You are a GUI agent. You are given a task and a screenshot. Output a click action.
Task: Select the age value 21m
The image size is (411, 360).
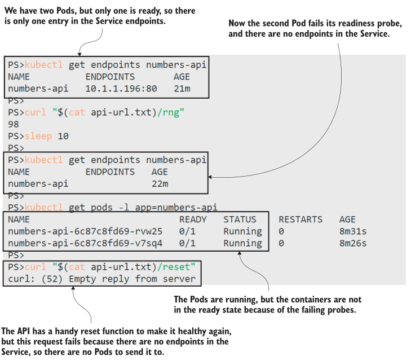coord(182,89)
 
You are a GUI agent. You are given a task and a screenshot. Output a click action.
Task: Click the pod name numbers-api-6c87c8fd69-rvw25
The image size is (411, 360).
coord(85,231)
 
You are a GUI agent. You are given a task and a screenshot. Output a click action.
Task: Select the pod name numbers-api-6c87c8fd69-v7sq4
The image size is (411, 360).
coord(85,243)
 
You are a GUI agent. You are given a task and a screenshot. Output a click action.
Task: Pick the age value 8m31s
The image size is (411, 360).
coord(353,231)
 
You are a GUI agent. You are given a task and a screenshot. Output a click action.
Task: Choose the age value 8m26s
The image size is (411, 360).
coord(353,243)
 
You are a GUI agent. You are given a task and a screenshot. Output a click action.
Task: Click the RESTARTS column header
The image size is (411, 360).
coord(300,219)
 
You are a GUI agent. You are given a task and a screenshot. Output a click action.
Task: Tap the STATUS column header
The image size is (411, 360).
coord(240,219)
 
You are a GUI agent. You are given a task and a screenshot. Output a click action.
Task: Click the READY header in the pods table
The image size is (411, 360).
coord(193,219)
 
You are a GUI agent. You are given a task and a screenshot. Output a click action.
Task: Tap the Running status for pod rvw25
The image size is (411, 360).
coord(242,231)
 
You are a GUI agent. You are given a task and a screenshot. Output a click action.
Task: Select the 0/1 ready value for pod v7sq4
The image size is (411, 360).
coord(187,243)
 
